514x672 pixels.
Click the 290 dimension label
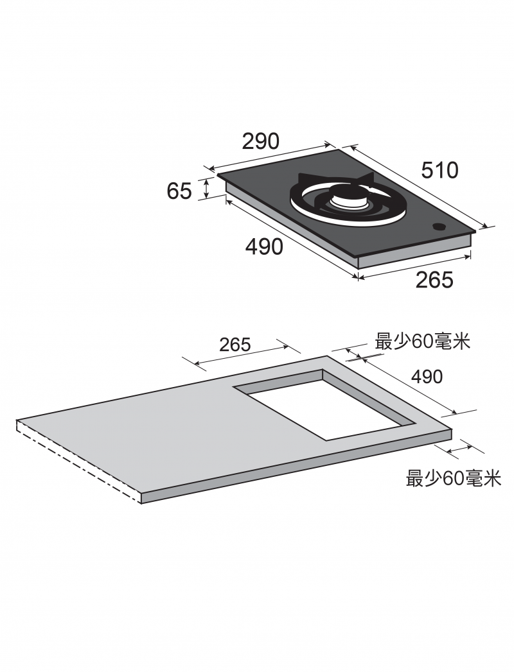tap(260, 141)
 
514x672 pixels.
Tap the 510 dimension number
tap(439, 170)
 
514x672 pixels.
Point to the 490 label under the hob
tap(264, 246)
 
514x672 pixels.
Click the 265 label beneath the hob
tap(434, 279)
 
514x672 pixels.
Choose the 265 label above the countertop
tap(235, 344)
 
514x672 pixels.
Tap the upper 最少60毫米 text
tap(423, 341)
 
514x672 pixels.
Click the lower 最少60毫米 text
tap(454, 478)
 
